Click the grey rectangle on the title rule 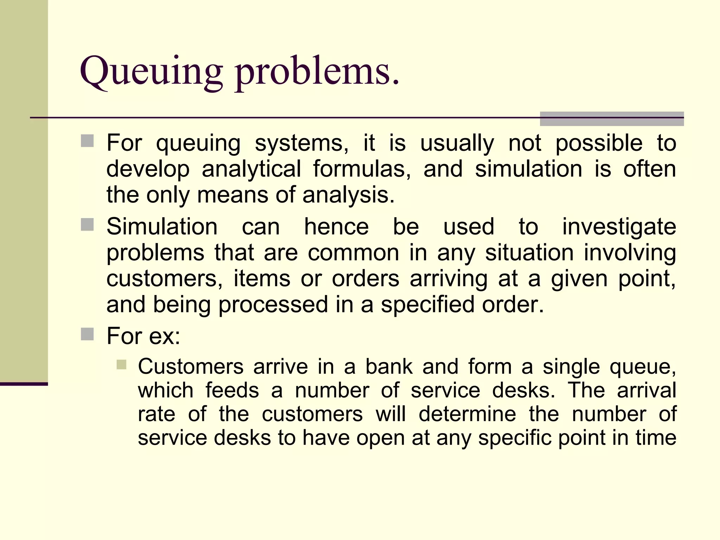(612, 119)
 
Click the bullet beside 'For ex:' (87, 334)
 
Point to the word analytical (251, 169)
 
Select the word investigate (619, 226)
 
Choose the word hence (336, 226)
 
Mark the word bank (389, 367)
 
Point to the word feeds (232, 390)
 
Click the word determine (467, 414)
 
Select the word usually (457, 143)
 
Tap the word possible (599, 143)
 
